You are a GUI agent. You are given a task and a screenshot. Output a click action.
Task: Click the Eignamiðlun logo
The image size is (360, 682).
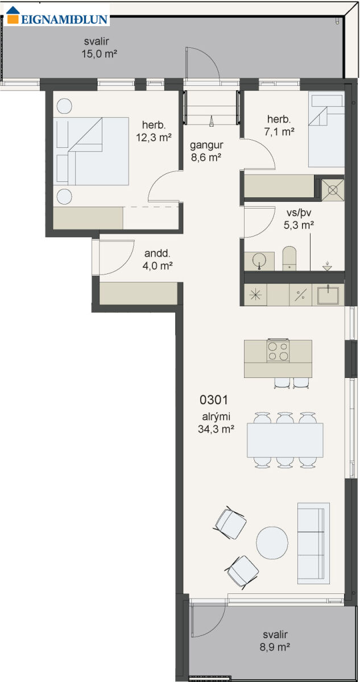point(57,15)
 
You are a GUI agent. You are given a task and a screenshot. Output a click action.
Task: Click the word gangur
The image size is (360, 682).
point(206,145)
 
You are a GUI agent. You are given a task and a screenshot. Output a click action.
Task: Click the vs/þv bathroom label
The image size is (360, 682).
point(299,213)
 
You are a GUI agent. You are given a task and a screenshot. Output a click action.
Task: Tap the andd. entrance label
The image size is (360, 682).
point(157,253)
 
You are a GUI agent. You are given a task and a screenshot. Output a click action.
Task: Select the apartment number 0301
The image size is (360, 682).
point(214,400)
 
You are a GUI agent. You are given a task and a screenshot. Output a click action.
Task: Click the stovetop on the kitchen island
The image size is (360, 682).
point(278,351)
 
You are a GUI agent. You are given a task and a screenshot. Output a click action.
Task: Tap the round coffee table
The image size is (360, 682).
point(272,543)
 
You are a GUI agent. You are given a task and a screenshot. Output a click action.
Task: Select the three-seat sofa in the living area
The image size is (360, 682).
point(313,543)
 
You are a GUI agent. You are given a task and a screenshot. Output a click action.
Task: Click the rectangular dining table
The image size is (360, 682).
point(285,440)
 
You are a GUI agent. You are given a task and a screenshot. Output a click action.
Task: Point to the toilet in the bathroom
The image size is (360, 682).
point(289,259)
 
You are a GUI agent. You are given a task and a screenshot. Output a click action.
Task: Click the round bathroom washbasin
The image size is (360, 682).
point(259,261)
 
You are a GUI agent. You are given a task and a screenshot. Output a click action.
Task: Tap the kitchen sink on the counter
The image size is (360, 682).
point(328,295)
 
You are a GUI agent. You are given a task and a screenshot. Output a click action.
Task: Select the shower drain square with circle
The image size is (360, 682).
point(333,190)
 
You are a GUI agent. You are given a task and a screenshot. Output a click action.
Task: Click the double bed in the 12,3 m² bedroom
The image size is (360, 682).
point(91,151)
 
